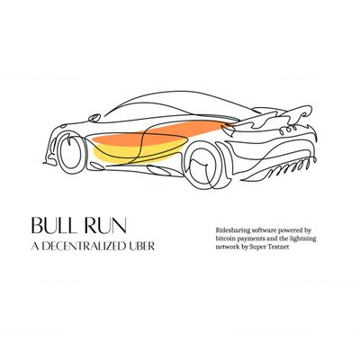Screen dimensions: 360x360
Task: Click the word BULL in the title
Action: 53,226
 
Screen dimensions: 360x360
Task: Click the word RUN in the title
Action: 105,226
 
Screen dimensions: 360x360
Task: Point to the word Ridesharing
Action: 229,230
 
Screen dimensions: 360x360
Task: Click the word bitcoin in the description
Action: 223,239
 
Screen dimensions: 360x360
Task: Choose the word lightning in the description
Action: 305,239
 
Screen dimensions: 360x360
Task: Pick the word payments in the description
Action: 244,239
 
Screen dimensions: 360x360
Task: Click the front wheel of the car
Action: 70,152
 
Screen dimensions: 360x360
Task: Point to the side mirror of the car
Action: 94,117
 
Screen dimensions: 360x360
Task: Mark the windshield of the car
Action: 141,108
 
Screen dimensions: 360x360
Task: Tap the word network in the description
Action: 225,247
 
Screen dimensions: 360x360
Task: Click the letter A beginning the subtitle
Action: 35,247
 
